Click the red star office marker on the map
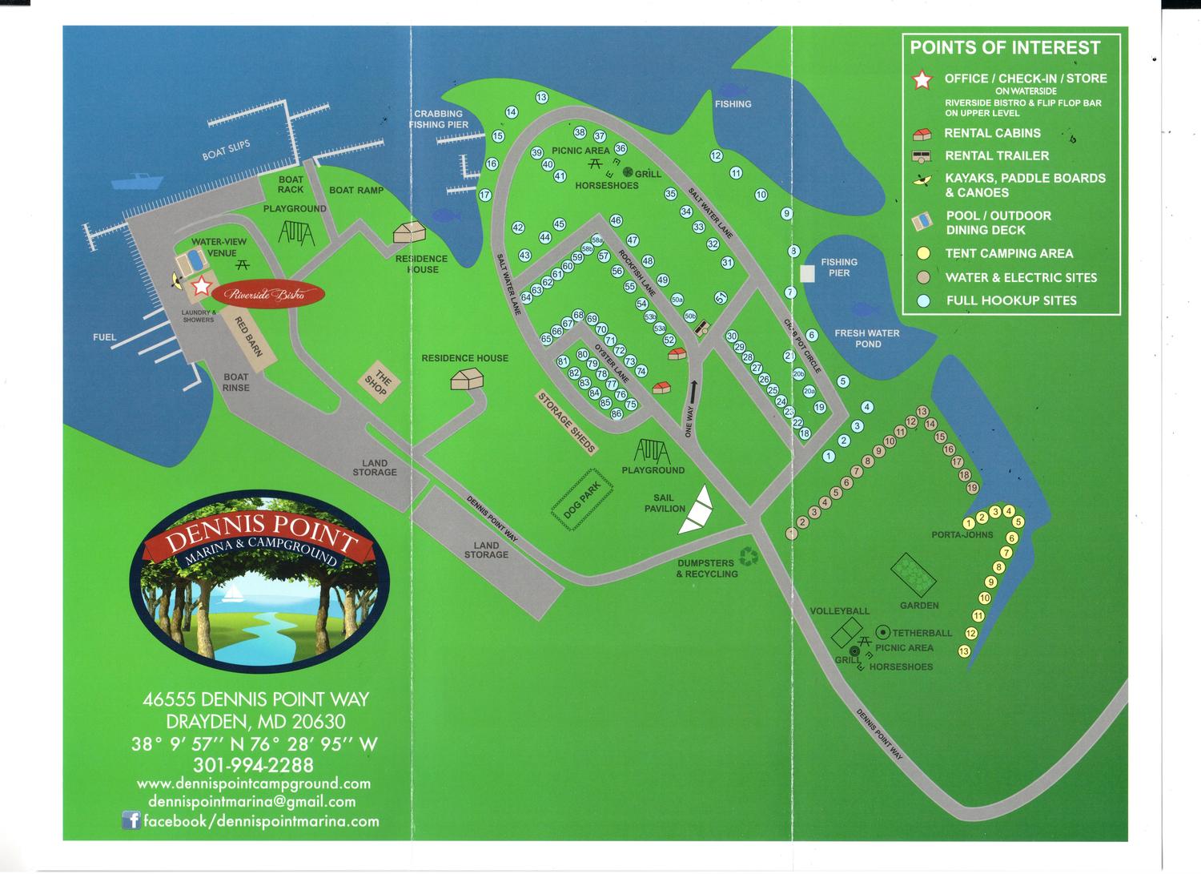[x=201, y=285]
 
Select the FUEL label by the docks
[x=105, y=337]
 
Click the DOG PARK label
[x=582, y=498]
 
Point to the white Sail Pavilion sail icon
[x=696, y=510]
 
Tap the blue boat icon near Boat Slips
[x=138, y=181]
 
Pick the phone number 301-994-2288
[x=253, y=764]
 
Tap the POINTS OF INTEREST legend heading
[x=1005, y=48]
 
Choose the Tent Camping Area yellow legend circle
[x=923, y=253]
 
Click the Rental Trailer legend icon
[x=922, y=156]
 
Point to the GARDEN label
[x=918, y=606]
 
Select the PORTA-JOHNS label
[x=962, y=534]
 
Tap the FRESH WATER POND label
[x=867, y=338]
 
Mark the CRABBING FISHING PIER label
[x=438, y=119]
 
